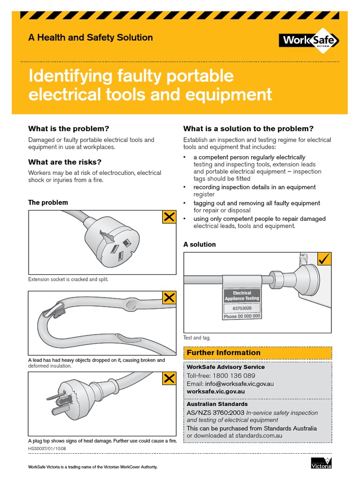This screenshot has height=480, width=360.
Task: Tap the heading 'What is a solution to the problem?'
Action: (248, 128)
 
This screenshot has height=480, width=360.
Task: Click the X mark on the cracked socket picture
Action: (169, 217)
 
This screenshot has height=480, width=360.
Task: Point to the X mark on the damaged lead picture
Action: (169, 297)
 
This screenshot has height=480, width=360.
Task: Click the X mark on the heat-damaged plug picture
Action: (169, 378)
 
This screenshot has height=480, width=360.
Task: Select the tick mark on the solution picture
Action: (324, 258)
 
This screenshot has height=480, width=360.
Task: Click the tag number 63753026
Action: (242, 308)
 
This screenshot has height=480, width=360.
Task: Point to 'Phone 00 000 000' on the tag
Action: (242, 316)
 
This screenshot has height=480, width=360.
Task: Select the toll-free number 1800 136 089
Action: (234, 375)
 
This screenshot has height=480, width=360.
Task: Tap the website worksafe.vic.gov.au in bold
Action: (216, 391)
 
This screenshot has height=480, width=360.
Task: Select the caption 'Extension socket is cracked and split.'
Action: (68, 279)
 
